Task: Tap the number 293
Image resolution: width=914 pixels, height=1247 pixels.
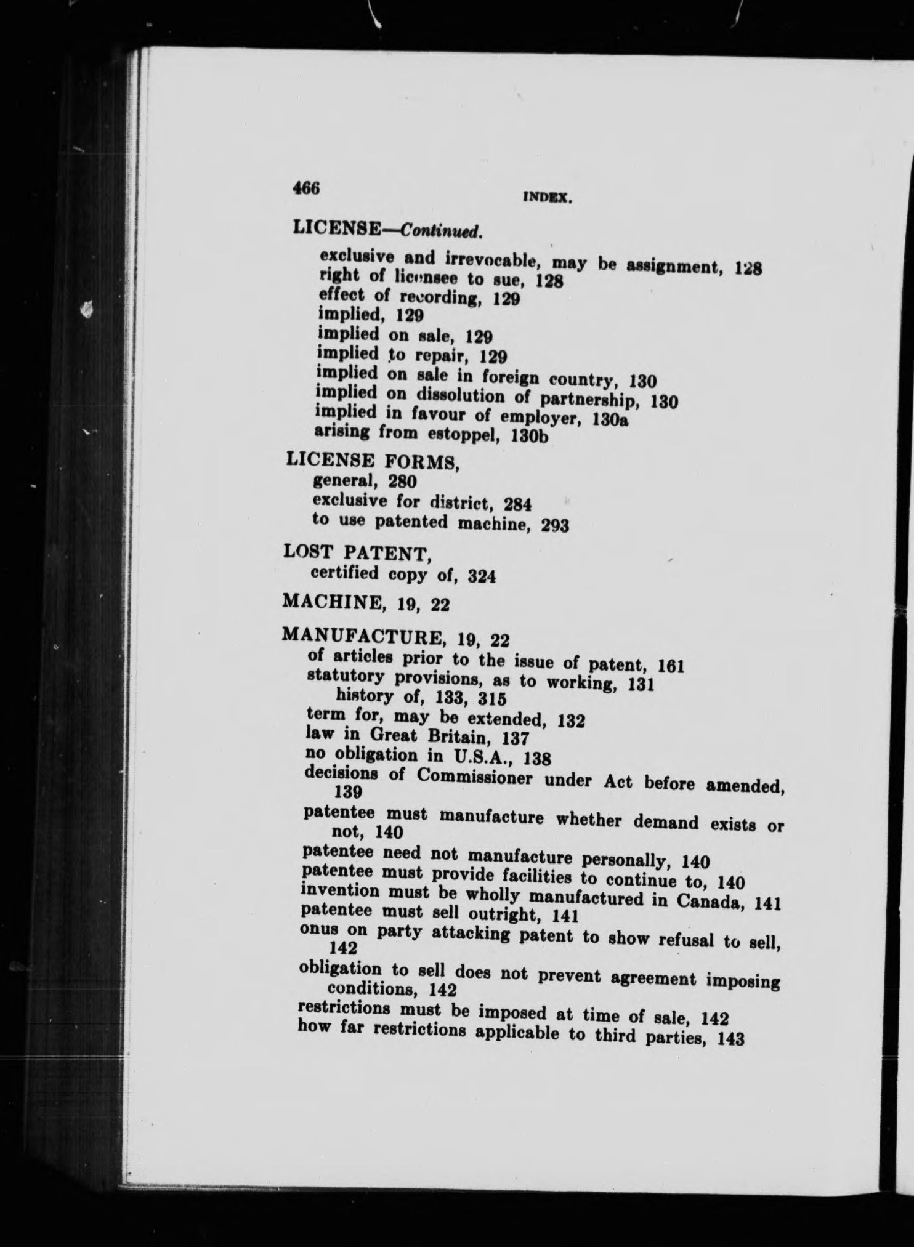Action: pyautogui.click(x=553, y=525)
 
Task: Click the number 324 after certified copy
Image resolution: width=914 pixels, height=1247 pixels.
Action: pyautogui.click(x=482, y=576)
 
